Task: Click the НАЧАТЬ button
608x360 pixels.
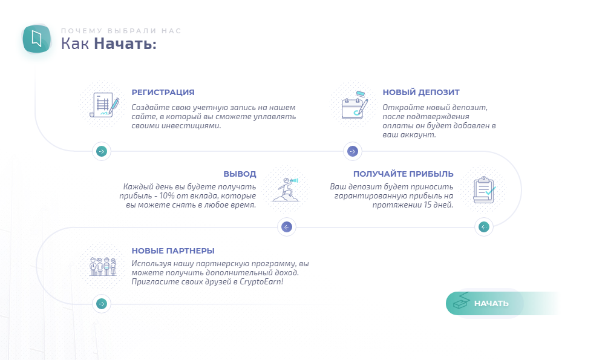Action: [485, 303]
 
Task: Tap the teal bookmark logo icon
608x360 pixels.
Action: [36, 39]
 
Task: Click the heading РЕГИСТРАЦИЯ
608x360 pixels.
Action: [163, 93]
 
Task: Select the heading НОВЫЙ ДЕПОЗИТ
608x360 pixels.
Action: [420, 93]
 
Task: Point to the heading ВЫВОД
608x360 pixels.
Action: [240, 174]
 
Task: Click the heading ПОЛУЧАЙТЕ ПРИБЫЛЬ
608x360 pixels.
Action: [404, 174]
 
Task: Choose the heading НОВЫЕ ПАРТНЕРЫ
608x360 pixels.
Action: [173, 251]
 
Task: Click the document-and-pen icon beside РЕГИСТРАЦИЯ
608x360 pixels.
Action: [104, 105]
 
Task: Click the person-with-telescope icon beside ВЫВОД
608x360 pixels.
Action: [286, 190]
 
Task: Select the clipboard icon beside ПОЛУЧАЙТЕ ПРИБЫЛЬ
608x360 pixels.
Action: [483, 190]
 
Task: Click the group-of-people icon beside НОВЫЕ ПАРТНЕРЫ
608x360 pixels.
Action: [103, 266]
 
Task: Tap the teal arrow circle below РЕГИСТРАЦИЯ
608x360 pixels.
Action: [102, 151]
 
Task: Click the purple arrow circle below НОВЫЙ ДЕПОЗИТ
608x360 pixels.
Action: [353, 151]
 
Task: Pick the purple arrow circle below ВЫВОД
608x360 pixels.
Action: [287, 227]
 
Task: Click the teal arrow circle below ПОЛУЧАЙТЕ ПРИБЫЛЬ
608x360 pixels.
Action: [484, 227]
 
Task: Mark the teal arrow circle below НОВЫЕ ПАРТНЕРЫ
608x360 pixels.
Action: [102, 304]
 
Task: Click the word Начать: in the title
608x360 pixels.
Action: [125, 44]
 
